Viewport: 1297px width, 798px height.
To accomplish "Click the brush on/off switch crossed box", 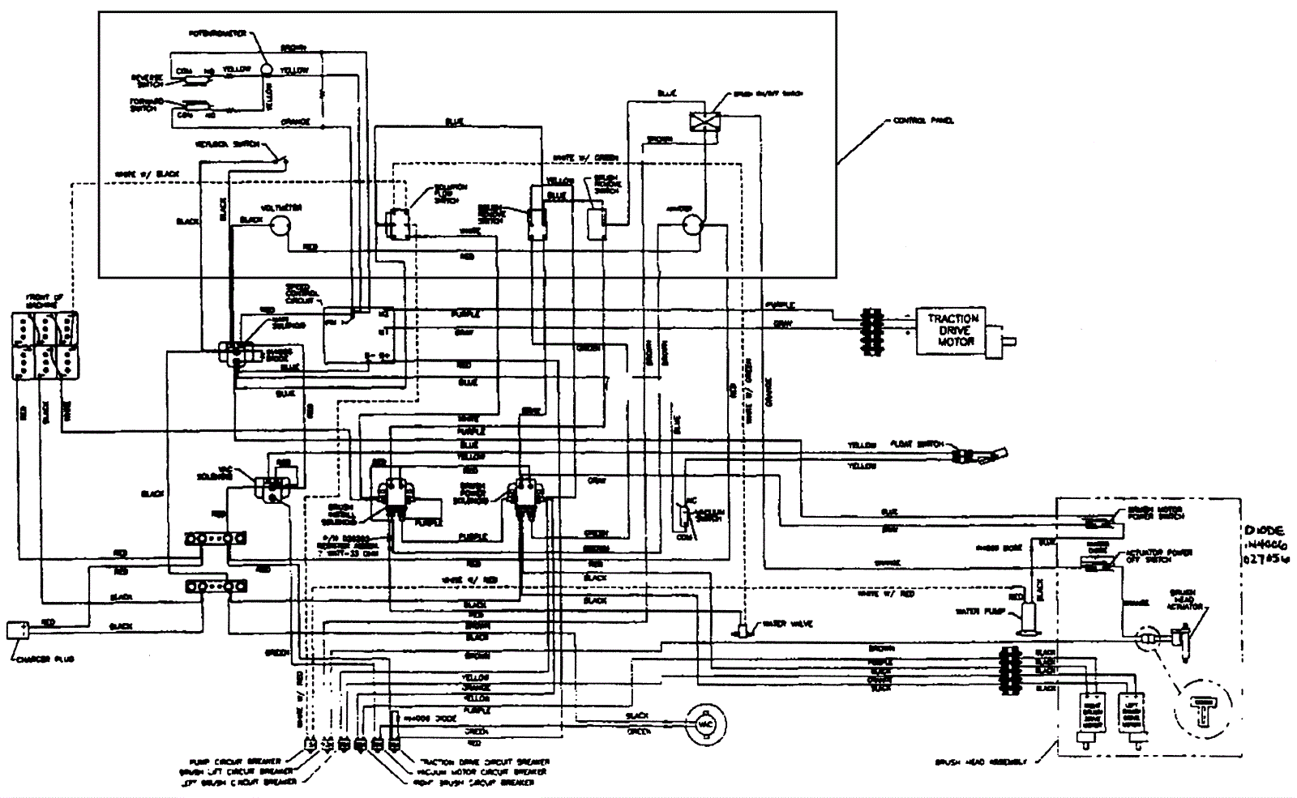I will (699, 121).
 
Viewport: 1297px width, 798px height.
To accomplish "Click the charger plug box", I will (18, 629).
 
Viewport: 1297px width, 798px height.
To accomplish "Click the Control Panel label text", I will (922, 121).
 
